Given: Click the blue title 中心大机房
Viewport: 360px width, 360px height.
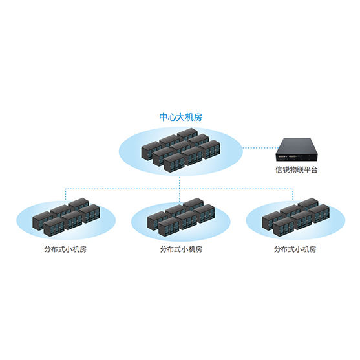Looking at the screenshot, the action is [x=181, y=117].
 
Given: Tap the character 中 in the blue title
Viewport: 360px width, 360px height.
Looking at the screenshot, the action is [x=164, y=117].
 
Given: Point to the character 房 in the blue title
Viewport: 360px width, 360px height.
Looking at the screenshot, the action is [x=198, y=117].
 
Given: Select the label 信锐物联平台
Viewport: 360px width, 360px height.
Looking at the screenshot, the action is [x=296, y=170].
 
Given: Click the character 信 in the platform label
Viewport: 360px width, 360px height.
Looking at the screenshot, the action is [x=279, y=170].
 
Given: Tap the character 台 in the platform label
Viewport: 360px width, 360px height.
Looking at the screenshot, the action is [x=314, y=170].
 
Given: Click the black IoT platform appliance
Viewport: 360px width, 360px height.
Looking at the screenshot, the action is [x=297, y=149].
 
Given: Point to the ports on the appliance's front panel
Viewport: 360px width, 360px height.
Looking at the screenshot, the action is [x=288, y=157].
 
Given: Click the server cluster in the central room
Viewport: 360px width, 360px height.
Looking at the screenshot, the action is [x=181, y=150].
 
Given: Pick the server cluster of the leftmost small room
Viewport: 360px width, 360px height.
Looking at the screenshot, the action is [x=66, y=217].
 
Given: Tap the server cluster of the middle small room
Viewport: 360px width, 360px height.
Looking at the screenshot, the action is [x=181, y=217].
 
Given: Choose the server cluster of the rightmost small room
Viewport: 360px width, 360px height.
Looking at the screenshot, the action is [x=296, y=217].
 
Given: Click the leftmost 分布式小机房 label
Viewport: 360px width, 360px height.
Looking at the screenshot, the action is [x=65, y=249].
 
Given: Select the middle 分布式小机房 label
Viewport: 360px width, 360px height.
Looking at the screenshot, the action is [x=182, y=249].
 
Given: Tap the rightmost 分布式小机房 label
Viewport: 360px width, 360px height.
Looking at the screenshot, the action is [x=295, y=249].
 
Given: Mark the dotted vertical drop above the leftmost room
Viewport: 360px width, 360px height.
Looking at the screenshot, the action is [x=66, y=195].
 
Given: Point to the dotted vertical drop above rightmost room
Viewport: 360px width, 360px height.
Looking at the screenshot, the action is [x=293, y=195].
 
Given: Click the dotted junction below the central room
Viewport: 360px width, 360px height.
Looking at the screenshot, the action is [x=180, y=189].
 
